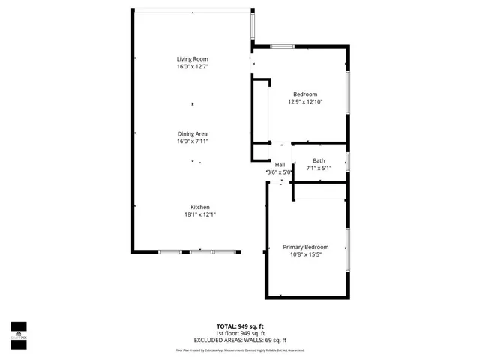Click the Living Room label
tap(192, 58)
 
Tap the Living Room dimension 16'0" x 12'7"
tap(192, 66)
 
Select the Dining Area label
tap(192, 133)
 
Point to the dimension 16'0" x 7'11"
tap(192, 141)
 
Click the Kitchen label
tap(199, 207)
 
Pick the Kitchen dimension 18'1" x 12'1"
tap(199, 214)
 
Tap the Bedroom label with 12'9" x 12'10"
tap(305, 94)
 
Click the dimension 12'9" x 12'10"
tap(305, 101)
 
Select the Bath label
tap(319, 160)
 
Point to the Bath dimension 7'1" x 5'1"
tap(319, 167)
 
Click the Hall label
tap(280, 165)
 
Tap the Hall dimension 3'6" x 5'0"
tap(280, 172)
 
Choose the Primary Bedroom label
tap(305, 247)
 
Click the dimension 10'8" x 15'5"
tap(305, 254)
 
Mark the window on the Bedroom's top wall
tap(282, 47)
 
